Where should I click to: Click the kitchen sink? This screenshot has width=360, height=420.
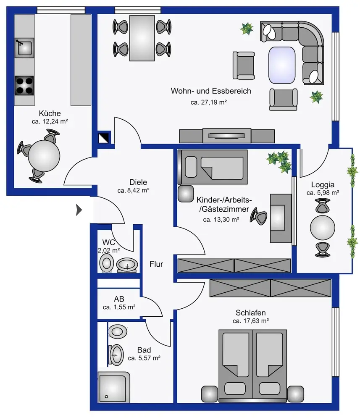[x=24, y=47]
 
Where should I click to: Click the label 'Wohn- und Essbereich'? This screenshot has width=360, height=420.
[x=211, y=91]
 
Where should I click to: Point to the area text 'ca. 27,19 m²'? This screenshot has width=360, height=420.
[x=209, y=102]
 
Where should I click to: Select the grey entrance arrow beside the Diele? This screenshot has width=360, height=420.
[x=79, y=210]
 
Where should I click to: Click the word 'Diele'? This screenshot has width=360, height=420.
[x=138, y=182]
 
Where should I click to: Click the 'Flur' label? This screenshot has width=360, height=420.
[x=156, y=264]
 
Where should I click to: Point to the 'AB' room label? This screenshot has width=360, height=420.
[x=119, y=299]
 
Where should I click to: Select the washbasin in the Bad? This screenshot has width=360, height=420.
[x=116, y=354]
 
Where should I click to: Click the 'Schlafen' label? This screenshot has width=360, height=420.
[x=250, y=312]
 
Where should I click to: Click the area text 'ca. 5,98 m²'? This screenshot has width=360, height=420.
[x=323, y=193]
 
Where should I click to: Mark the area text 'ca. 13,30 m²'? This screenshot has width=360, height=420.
[x=221, y=219]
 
